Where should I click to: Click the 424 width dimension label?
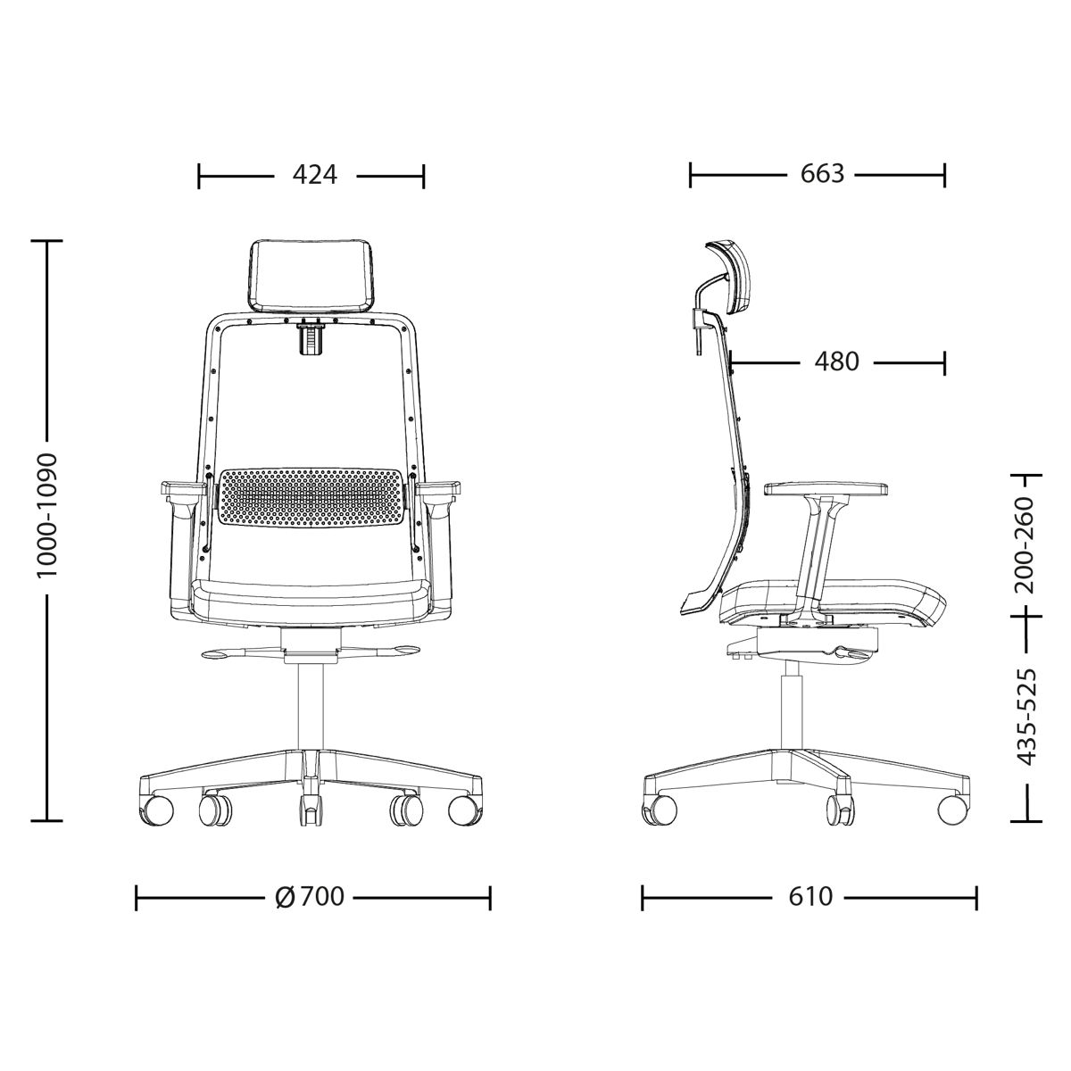tap(315, 175)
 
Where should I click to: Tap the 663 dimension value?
tap(822, 174)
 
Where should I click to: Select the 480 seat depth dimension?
tap(836, 361)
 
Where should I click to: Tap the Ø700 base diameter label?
tap(311, 896)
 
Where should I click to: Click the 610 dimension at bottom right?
tap(811, 896)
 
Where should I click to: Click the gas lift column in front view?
tap(311, 705)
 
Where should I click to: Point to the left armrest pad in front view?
tap(182, 488)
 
